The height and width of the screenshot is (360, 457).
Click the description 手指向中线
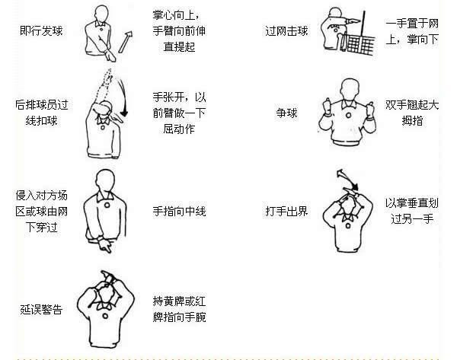point(180,211)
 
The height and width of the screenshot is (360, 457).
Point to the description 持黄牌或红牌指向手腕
point(180,309)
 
